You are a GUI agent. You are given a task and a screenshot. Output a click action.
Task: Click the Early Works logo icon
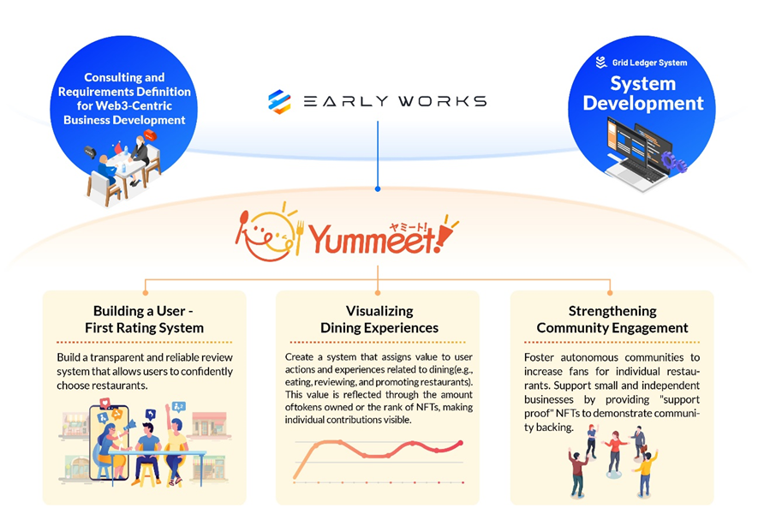[x=279, y=101]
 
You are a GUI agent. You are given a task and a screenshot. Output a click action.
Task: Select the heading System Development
[x=642, y=94]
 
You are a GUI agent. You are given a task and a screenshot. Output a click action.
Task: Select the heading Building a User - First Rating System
[x=148, y=319]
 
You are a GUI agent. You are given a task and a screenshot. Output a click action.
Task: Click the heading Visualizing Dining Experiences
[x=379, y=319]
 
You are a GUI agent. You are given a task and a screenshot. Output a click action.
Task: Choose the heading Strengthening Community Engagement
[x=612, y=319]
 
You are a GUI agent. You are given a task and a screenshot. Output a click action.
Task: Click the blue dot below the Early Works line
[x=378, y=188]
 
